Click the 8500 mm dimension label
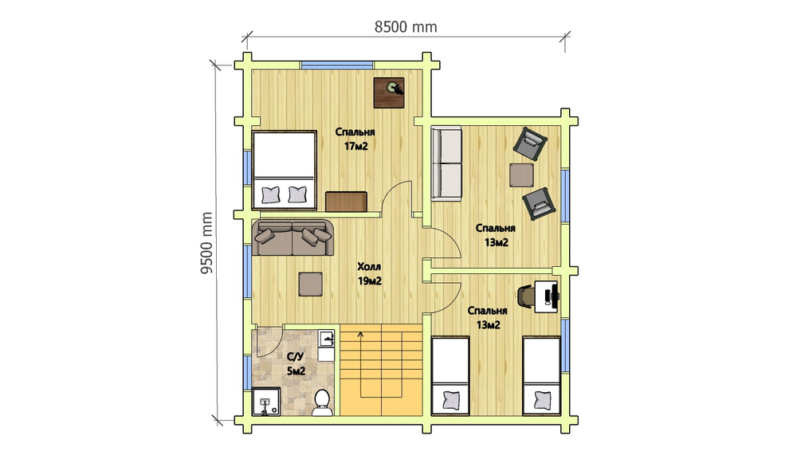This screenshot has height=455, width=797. (x=406, y=26)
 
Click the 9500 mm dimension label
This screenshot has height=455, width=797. (x=206, y=243)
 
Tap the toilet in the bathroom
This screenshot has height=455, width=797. (x=321, y=402)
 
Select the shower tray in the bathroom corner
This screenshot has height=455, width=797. (x=266, y=402)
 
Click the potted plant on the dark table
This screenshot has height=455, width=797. (x=394, y=88)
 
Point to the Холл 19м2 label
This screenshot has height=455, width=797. (x=370, y=273)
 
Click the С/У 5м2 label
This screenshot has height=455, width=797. (x=296, y=364)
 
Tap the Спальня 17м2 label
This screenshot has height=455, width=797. (x=355, y=139)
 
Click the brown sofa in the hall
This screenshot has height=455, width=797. (x=293, y=238)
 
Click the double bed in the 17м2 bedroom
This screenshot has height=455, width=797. (x=285, y=170)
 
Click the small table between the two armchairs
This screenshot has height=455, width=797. (x=522, y=175)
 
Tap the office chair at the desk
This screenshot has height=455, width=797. (x=525, y=296)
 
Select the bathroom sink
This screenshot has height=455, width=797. (x=326, y=338)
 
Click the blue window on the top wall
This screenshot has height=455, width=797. (x=337, y=65)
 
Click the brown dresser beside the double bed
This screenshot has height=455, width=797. (x=346, y=202)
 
